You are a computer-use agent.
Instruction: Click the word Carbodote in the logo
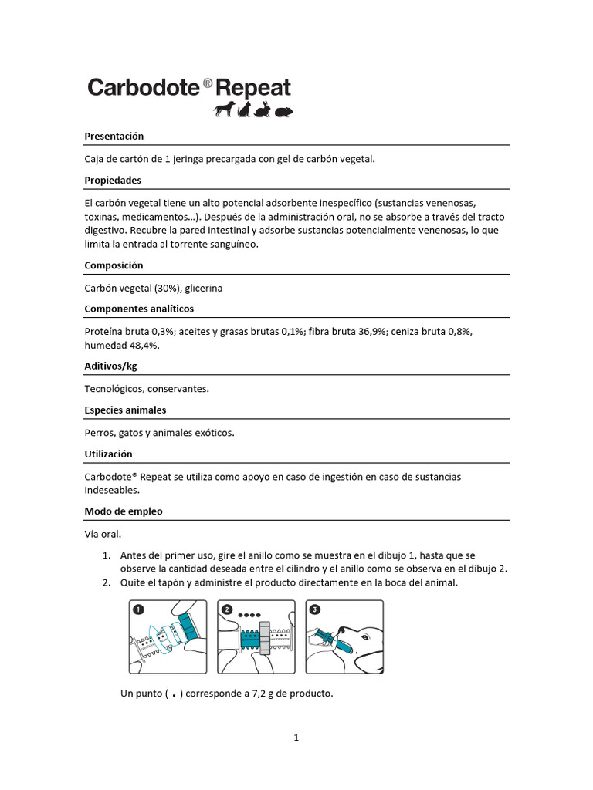tap(144, 86)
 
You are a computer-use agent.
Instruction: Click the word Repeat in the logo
tap(253, 86)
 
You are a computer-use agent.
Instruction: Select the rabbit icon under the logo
tap(263, 110)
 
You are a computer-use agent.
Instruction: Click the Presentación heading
tap(114, 136)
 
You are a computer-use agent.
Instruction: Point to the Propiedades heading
tap(113, 180)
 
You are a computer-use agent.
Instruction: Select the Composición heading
tap(114, 265)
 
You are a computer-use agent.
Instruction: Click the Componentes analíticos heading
tap(139, 309)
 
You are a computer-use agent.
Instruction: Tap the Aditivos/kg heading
tap(110, 366)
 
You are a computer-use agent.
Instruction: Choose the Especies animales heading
tap(125, 410)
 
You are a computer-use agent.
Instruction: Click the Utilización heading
tap(108, 454)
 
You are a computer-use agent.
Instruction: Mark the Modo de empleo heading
tap(124, 511)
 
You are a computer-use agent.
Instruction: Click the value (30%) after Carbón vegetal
tap(168, 288)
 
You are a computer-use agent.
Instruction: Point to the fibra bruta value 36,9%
tap(371, 331)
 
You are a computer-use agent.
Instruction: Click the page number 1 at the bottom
tap(296, 738)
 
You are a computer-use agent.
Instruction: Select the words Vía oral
tap(103, 533)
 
